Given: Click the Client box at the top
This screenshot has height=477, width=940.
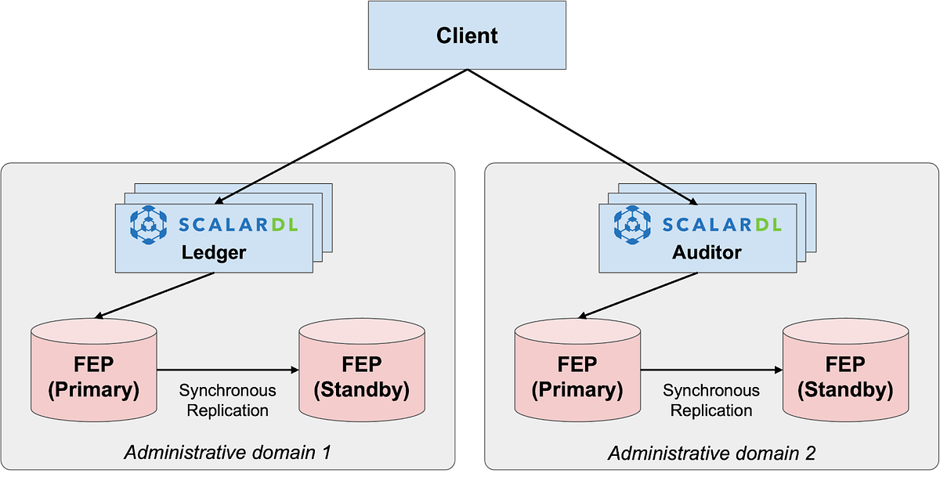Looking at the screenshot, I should (467, 36).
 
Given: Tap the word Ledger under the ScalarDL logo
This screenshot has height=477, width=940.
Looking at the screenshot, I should (213, 252).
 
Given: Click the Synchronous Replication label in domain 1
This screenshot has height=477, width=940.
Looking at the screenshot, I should (227, 399).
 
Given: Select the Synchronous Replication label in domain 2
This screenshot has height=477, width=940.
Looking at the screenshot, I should (711, 399).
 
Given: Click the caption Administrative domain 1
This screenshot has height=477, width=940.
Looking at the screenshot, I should (227, 453).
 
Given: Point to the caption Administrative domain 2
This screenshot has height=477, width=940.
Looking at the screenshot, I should (711, 453).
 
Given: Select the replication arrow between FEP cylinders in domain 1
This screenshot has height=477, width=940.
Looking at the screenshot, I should (227, 370).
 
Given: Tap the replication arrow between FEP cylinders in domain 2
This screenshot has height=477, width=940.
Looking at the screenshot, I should (711, 370).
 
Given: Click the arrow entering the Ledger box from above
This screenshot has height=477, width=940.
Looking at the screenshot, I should (255, 182).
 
